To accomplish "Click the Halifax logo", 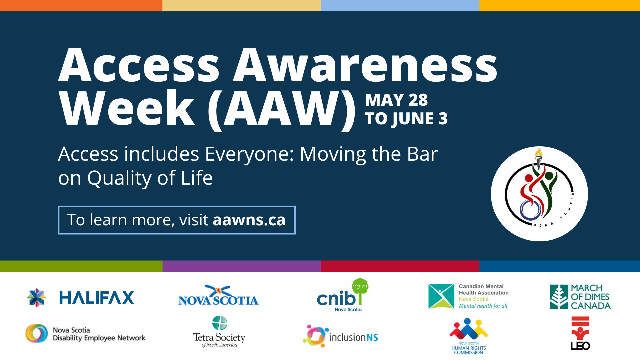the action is (x=80, y=297).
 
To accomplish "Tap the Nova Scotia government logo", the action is (x=218, y=295).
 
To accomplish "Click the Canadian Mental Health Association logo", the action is (x=468, y=296).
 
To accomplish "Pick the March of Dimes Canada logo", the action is (x=580, y=297).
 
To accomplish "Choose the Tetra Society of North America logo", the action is (x=219, y=332).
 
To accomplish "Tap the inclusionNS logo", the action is (x=340, y=336).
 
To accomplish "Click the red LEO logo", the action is (x=580, y=333).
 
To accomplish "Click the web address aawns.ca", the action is (x=249, y=220).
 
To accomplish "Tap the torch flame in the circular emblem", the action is (x=538, y=153).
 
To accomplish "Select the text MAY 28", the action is (x=396, y=100).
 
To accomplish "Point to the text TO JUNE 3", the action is (x=406, y=119).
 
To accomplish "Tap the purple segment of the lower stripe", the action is (x=242, y=266).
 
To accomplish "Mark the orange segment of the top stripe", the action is (x=81, y=5).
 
